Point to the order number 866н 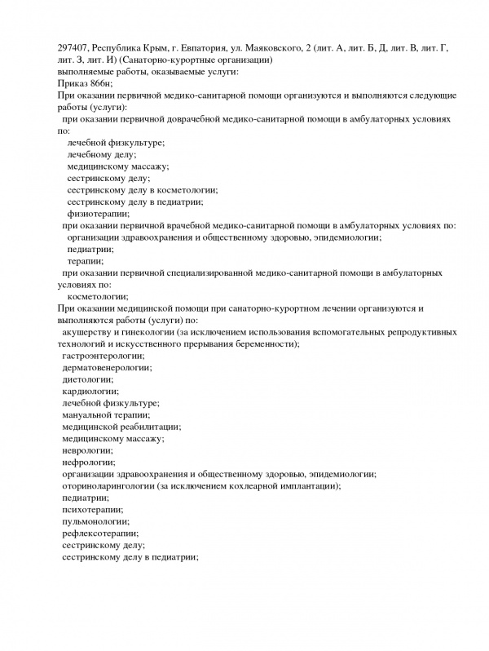(99, 85)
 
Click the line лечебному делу (102, 155)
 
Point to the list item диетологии (87, 380)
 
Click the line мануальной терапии (105, 415)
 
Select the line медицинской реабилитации (121, 427)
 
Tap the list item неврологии (87, 450)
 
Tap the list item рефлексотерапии (99, 533)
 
